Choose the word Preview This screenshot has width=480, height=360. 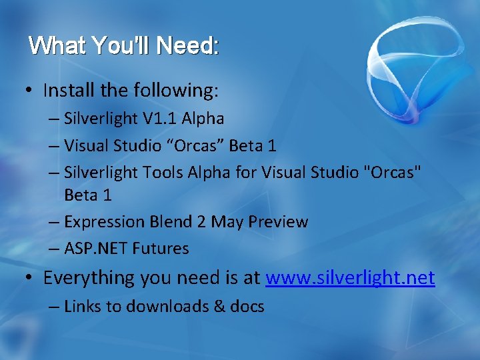pos(278,222)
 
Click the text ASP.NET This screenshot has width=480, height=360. pos(96,249)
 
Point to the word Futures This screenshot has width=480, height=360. pos(161,249)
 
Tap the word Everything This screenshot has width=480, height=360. pos(89,278)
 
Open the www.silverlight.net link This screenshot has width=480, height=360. pos(350,278)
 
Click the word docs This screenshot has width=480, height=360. pos(244,307)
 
